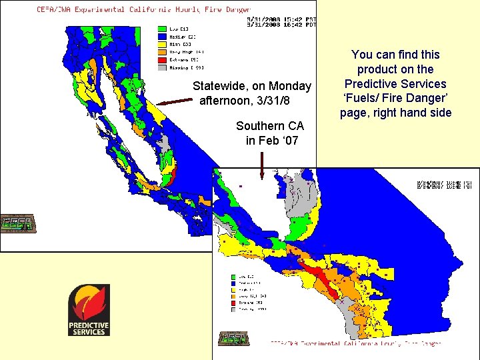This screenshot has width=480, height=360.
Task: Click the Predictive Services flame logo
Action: [x=89, y=310]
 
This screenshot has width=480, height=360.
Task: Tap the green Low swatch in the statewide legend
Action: [x=162, y=29]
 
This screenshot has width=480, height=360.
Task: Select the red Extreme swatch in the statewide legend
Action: [x=162, y=59]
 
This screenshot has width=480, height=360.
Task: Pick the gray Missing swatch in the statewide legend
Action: [x=162, y=67]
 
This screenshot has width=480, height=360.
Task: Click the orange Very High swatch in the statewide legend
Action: [x=162, y=51]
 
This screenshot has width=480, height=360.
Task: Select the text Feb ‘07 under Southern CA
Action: [x=272, y=140]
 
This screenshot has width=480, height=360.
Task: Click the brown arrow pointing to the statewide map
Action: [x=175, y=101]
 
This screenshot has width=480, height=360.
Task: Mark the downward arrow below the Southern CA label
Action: [x=263, y=165]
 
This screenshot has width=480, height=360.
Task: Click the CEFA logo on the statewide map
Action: [x=18, y=224]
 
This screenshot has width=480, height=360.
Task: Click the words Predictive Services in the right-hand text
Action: [x=395, y=84]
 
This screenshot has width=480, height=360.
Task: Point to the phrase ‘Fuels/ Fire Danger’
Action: [x=396, y=99]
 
